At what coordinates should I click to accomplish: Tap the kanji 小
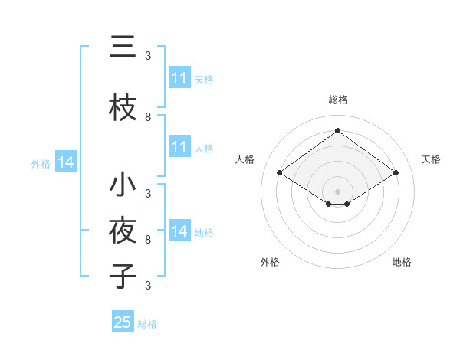(x=123, y=185)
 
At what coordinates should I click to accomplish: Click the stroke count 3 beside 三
(x=148, y=56)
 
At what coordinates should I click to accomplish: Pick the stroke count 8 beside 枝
(x=148, y=117)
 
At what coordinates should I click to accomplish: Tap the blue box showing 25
(x=123, y=322)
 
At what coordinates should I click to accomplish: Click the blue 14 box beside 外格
(x=66, y=162)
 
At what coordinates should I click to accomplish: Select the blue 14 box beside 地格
(x=179, y=231)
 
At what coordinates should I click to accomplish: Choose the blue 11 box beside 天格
(x=179, y=78)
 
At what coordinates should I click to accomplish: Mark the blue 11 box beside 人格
(x=179, y=147)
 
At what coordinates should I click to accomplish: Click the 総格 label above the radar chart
(x=338, y=100)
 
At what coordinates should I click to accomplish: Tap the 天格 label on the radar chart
(x=432, y=159)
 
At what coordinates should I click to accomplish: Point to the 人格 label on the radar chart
(x=245, y=159)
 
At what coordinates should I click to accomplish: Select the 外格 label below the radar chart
(x=270, y=262)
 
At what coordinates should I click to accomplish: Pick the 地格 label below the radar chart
(x=402, y=262)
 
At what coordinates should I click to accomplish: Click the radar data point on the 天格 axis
(x=396, y=173)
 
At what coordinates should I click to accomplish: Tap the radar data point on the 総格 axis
(x=338, y=131)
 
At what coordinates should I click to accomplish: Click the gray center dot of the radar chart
(x=338, y=191)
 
